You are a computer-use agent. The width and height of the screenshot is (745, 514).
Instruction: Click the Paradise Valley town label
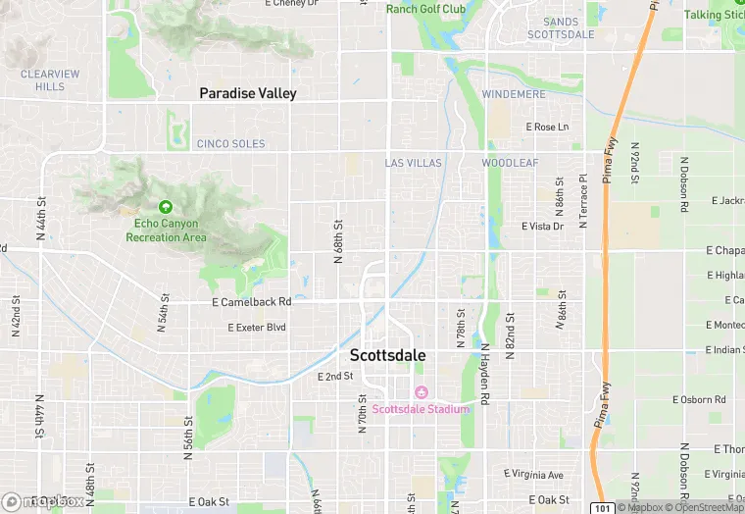(247, 93)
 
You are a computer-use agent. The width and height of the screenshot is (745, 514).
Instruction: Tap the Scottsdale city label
(387, 355)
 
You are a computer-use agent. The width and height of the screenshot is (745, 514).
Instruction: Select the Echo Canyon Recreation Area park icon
(166, 207)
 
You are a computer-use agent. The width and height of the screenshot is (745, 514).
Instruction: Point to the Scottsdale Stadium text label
(420, 409)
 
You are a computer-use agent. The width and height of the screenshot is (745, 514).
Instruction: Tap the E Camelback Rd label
(252, 302)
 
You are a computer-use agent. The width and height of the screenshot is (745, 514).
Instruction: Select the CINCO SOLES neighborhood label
(230, 143)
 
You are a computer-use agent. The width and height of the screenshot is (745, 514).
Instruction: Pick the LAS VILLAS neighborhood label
(413, 163)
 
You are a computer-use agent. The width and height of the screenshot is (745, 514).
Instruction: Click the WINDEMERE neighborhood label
(514, 94)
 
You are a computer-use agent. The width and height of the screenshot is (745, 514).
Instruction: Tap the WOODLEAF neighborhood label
(510, 163)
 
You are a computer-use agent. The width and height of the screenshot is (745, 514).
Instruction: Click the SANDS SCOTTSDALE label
(561, 27)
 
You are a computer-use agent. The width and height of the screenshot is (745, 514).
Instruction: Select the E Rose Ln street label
(547, 128)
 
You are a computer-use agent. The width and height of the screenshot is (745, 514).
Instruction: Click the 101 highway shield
(602, 506)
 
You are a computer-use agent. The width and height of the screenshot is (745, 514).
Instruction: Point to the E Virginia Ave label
(533, 475)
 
